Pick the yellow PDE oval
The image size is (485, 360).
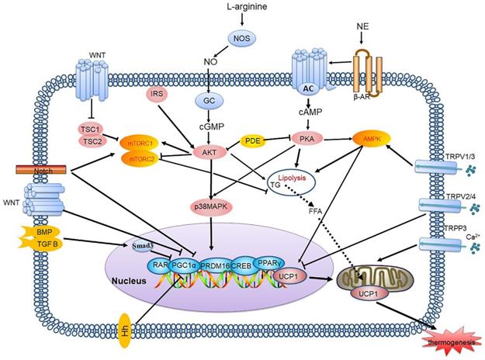click(253, 140)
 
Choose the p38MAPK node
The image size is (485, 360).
click(211, 206)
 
